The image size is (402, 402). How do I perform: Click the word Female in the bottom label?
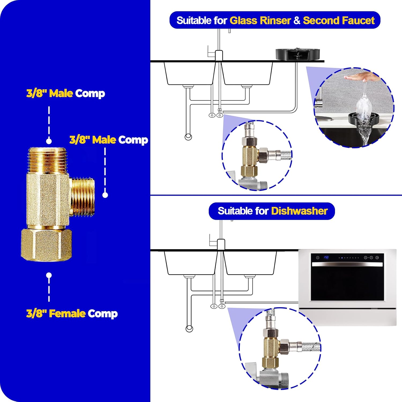pos(68,313)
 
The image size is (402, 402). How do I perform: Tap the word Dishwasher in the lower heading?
pos(299,211)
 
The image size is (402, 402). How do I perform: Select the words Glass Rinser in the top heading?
pos(260,20)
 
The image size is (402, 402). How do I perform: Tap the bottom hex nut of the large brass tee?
pos(47,244)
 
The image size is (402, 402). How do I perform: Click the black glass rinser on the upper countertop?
pos(298,54)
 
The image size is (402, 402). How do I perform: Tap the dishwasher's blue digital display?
pos(326,257)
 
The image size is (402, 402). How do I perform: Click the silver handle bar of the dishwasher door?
pos(347,264)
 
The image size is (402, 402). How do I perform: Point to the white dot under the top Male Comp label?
pos(49,141)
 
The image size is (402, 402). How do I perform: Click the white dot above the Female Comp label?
pos(49,275)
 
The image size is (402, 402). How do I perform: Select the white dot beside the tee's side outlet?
pos(105,195)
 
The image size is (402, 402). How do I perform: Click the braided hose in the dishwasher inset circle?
pos(311,347)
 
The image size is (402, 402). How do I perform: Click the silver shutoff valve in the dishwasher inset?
pos(271,378)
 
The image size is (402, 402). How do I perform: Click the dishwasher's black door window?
pos(347,284)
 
